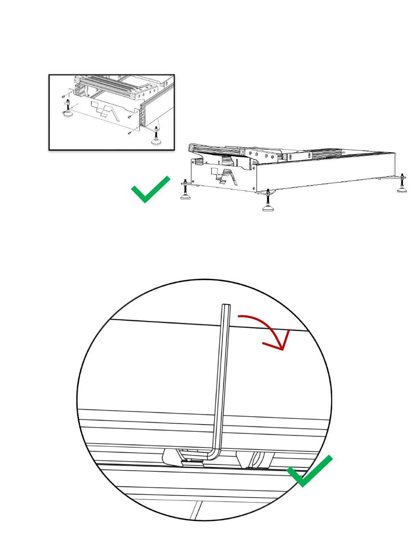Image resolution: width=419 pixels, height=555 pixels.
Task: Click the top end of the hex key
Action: tap(226, 306)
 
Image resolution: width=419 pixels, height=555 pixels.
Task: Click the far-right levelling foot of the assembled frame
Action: tap(401, 187)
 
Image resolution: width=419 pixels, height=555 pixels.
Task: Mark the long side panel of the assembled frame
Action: tap(326, 172)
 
